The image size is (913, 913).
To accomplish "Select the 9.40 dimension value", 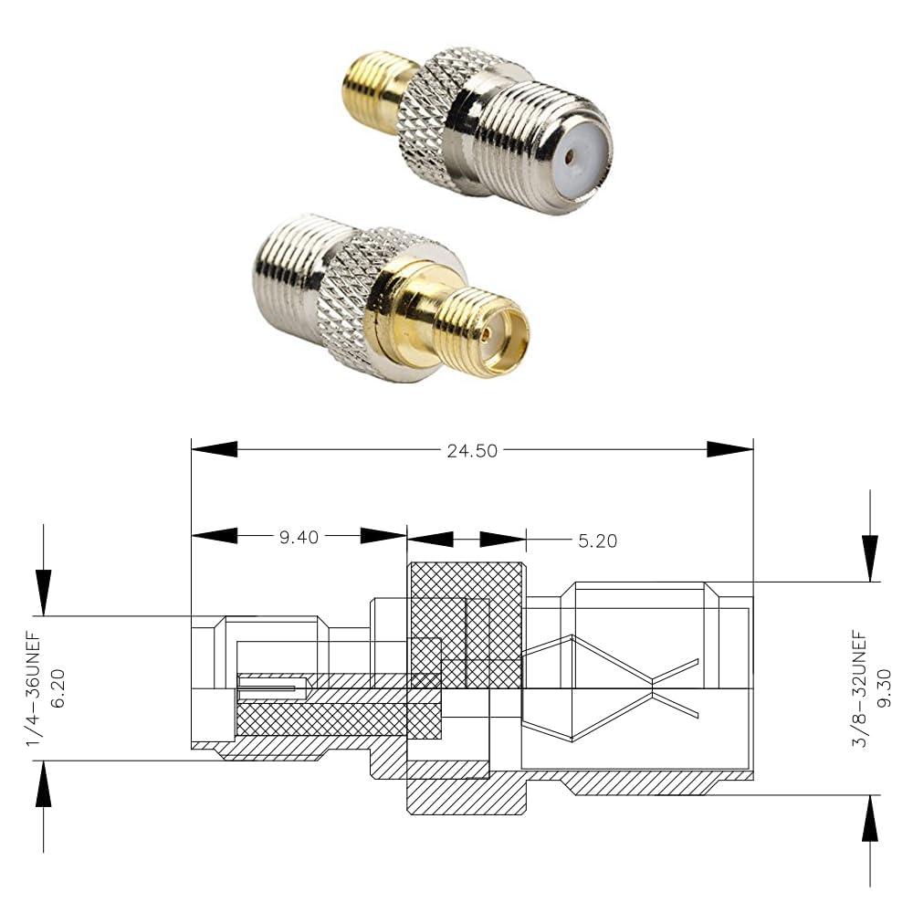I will click(299, 538).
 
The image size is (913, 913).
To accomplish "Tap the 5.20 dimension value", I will click(597, 541).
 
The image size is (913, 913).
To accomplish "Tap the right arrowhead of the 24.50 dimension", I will click(730, 449).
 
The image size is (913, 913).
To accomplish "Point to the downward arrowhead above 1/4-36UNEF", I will click(43, 593).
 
